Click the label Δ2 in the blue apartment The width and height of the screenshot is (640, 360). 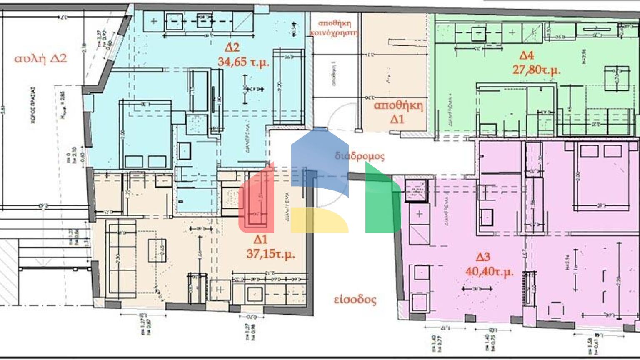[232, 47]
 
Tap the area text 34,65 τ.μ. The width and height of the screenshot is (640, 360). [244, 62]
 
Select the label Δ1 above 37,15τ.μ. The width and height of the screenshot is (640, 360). [260, 239]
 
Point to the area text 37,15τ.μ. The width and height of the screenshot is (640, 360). [270, 253]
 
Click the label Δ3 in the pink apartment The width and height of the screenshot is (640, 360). [482, 257]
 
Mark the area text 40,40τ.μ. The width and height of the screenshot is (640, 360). [490, 272]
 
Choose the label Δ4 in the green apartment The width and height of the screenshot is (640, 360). [526, 55]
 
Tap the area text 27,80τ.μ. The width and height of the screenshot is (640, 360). [536, 69]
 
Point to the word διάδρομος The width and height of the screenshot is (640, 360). [360, 156]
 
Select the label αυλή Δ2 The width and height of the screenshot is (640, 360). [40, 58]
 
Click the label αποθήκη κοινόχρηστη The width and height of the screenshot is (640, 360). [335, 28]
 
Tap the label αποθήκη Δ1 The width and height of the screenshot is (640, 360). [398, 112]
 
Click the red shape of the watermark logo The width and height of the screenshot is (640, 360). [256, 200]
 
